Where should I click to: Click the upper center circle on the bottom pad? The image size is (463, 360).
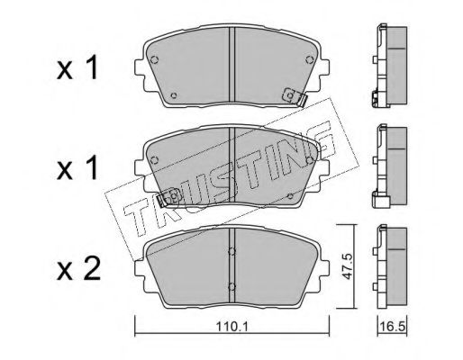click(x=231, y=251)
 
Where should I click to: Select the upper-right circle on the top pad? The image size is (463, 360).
click(x=309, y=60)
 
